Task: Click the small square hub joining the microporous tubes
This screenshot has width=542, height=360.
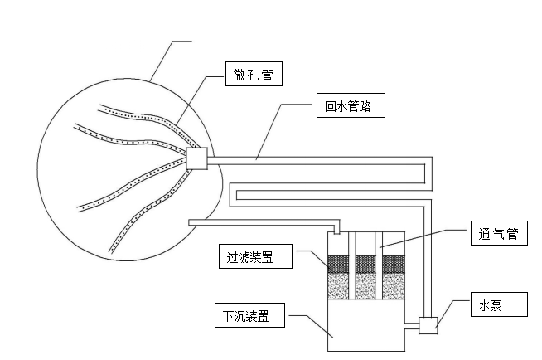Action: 197,158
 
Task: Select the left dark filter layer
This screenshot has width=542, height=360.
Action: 339,265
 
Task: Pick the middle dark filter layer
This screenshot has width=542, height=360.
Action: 366,265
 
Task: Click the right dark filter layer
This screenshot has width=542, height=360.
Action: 393,265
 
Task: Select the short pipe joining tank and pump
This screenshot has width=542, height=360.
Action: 413,325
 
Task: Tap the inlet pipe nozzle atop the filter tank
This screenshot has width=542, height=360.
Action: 336,229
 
